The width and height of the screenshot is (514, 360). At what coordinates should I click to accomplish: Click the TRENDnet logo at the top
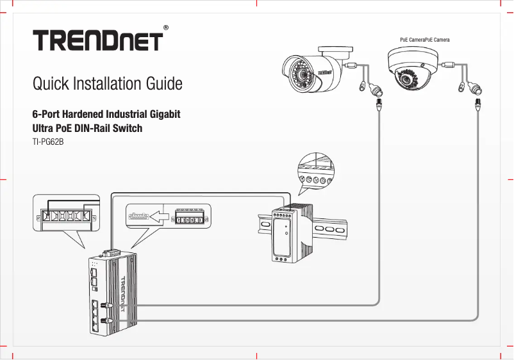point(97,40)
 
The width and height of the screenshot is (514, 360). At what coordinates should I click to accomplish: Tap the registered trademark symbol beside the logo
point(166,28)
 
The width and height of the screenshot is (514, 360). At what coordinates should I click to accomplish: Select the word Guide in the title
point(164,84)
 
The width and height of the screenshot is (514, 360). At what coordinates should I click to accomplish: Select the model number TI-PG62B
point(48,142)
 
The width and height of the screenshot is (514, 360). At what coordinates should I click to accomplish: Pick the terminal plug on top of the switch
point(110,251)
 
